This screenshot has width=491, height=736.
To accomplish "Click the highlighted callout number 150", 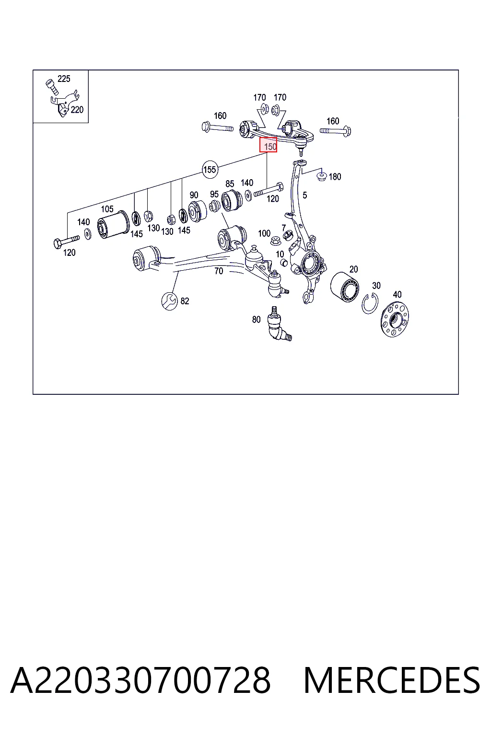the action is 269,145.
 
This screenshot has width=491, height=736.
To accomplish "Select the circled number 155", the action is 210,170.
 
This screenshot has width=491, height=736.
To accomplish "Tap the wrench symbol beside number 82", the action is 169,301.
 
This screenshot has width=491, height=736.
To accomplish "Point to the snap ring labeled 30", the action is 370,303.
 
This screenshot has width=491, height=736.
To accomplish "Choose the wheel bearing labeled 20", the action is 345,287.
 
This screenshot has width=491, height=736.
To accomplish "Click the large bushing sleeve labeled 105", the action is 114,224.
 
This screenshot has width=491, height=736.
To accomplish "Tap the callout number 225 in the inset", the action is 64,79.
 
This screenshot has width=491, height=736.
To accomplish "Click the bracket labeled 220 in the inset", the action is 65,103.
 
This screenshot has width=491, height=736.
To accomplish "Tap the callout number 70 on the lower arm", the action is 219,271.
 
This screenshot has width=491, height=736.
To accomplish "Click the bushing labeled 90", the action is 198,211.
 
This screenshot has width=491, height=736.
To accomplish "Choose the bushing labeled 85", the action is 232,200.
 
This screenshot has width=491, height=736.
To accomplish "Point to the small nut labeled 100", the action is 275,241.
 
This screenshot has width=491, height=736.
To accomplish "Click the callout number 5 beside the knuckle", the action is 305,195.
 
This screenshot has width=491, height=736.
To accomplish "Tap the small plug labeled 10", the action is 284,263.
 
